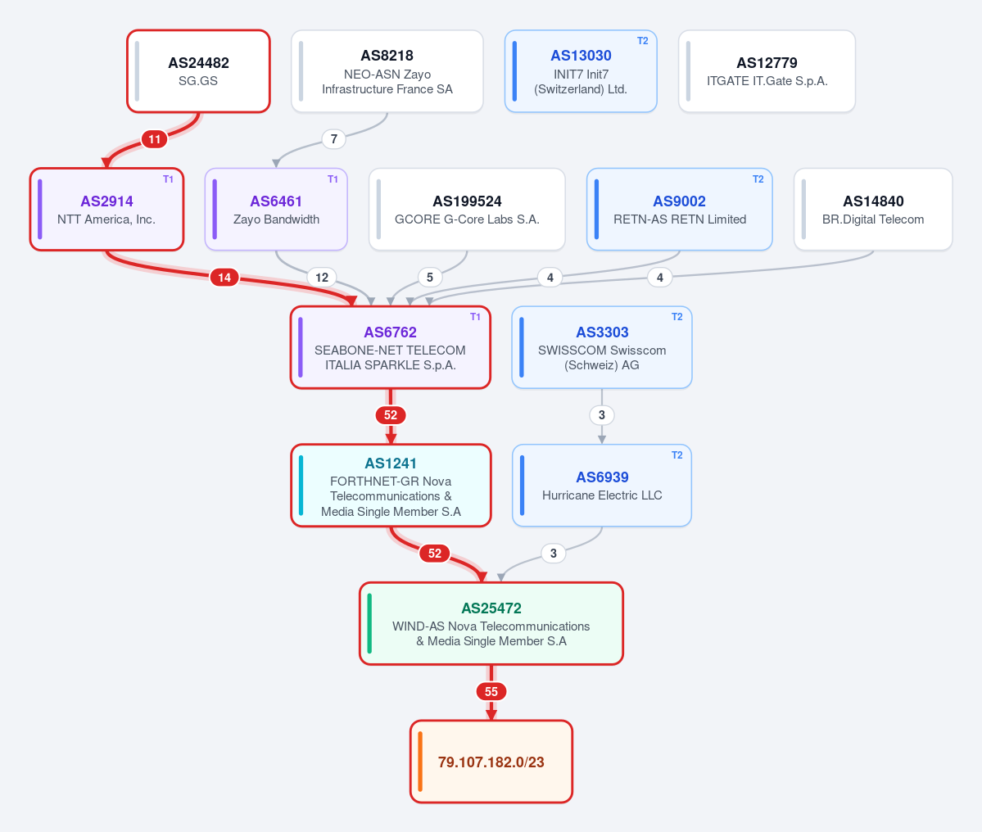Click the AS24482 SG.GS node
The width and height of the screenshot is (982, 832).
click(198, 71)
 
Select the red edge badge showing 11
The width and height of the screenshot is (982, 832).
click(154, 139)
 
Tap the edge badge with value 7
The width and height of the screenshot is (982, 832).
click(334, 139)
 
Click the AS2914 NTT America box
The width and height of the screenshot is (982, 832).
click(106, 209)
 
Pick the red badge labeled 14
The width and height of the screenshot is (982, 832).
click(224, 278)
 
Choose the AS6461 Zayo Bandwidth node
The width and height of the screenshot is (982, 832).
click(276, 209)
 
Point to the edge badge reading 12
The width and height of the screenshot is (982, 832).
click(322, 278)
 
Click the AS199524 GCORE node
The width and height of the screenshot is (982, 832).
click(467, 209)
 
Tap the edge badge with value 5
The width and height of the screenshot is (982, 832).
click(430, 278)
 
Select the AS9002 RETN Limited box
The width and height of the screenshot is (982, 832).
click(680, 209)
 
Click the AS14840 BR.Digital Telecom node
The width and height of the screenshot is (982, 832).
click(873, 209)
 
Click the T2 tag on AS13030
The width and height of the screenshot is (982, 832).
click(643, 41)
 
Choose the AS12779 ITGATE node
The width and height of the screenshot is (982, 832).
click(767, 71)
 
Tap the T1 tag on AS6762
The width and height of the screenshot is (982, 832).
click(475, 317)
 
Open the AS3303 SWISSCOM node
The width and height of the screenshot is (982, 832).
click(602, 347)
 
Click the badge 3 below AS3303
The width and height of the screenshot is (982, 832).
click(602, 415)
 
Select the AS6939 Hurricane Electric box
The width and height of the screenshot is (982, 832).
click(602, 486)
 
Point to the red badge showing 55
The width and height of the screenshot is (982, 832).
click(491, 692)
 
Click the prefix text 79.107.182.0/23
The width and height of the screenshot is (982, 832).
click(491, 762)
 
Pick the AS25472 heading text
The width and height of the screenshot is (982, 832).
click(491, 608)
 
